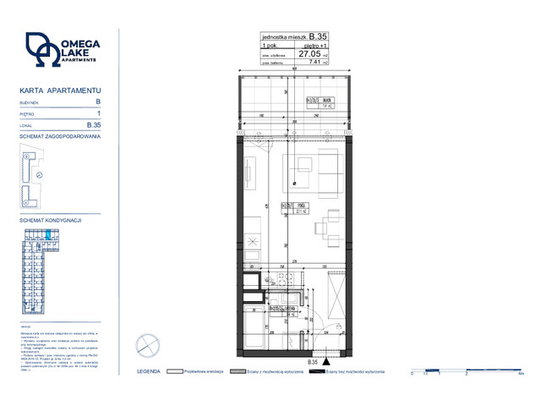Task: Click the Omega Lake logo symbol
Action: [x=39, y=50]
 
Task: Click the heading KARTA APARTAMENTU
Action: [x=60, y=90]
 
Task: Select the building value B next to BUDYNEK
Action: [x=99, y=101]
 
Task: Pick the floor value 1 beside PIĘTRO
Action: [x=99, y=112]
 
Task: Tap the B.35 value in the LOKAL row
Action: [x=95, y=124]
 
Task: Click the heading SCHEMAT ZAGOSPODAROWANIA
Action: [x=60, y=135]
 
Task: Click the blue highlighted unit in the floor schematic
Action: [x=48, y=234]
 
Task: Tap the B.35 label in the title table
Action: [x=318, y=36]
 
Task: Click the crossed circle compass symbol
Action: [x=147, y=345]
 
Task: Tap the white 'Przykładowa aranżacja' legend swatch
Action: [x=175, y=371]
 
